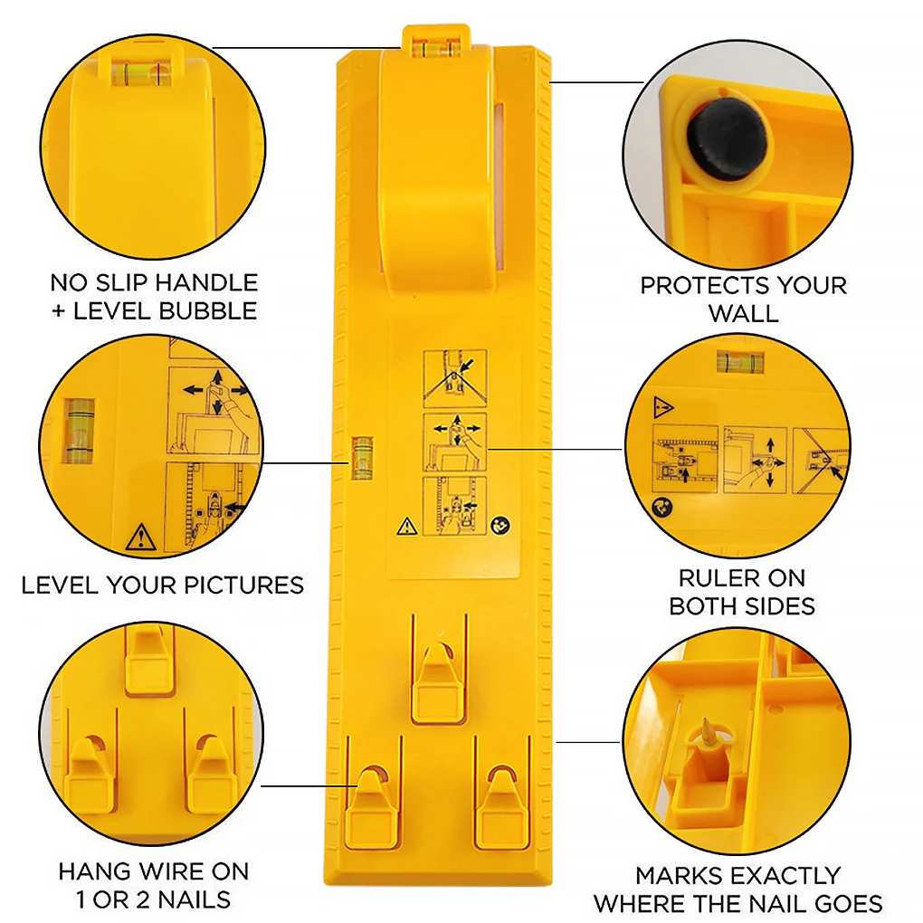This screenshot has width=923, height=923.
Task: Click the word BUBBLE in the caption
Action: pos(208,310)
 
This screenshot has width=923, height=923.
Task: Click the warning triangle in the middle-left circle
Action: pos(141,538)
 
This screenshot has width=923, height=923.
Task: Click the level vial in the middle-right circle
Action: pos(736,362)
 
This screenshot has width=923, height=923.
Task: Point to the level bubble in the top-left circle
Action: pos(138,69)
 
